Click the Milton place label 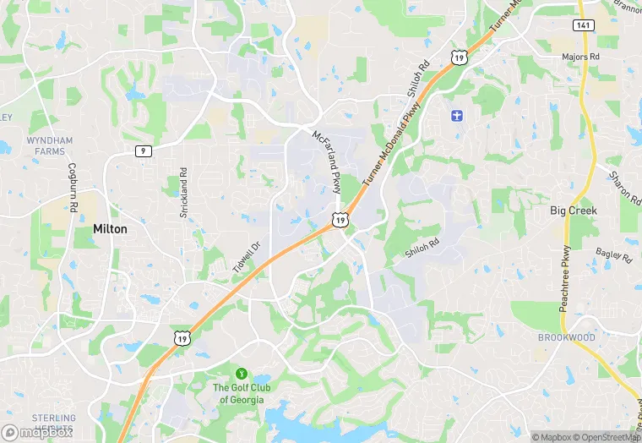coord(110,229)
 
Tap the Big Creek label coord(574,210)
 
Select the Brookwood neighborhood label coord(566,337)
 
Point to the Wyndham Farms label coord(50,145)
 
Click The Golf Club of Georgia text coord(238,393)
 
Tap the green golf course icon coord(241,372)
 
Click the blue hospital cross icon coord(457,114)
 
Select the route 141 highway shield coord(582,26)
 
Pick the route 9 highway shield coord(143,150)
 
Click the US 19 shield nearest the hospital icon coord(457,57)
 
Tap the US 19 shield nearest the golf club coord(182,338)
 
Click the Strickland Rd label coord(183,193)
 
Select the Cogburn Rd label coord(73,187)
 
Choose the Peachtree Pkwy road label coord(565,279)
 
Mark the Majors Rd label coord(580,57)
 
